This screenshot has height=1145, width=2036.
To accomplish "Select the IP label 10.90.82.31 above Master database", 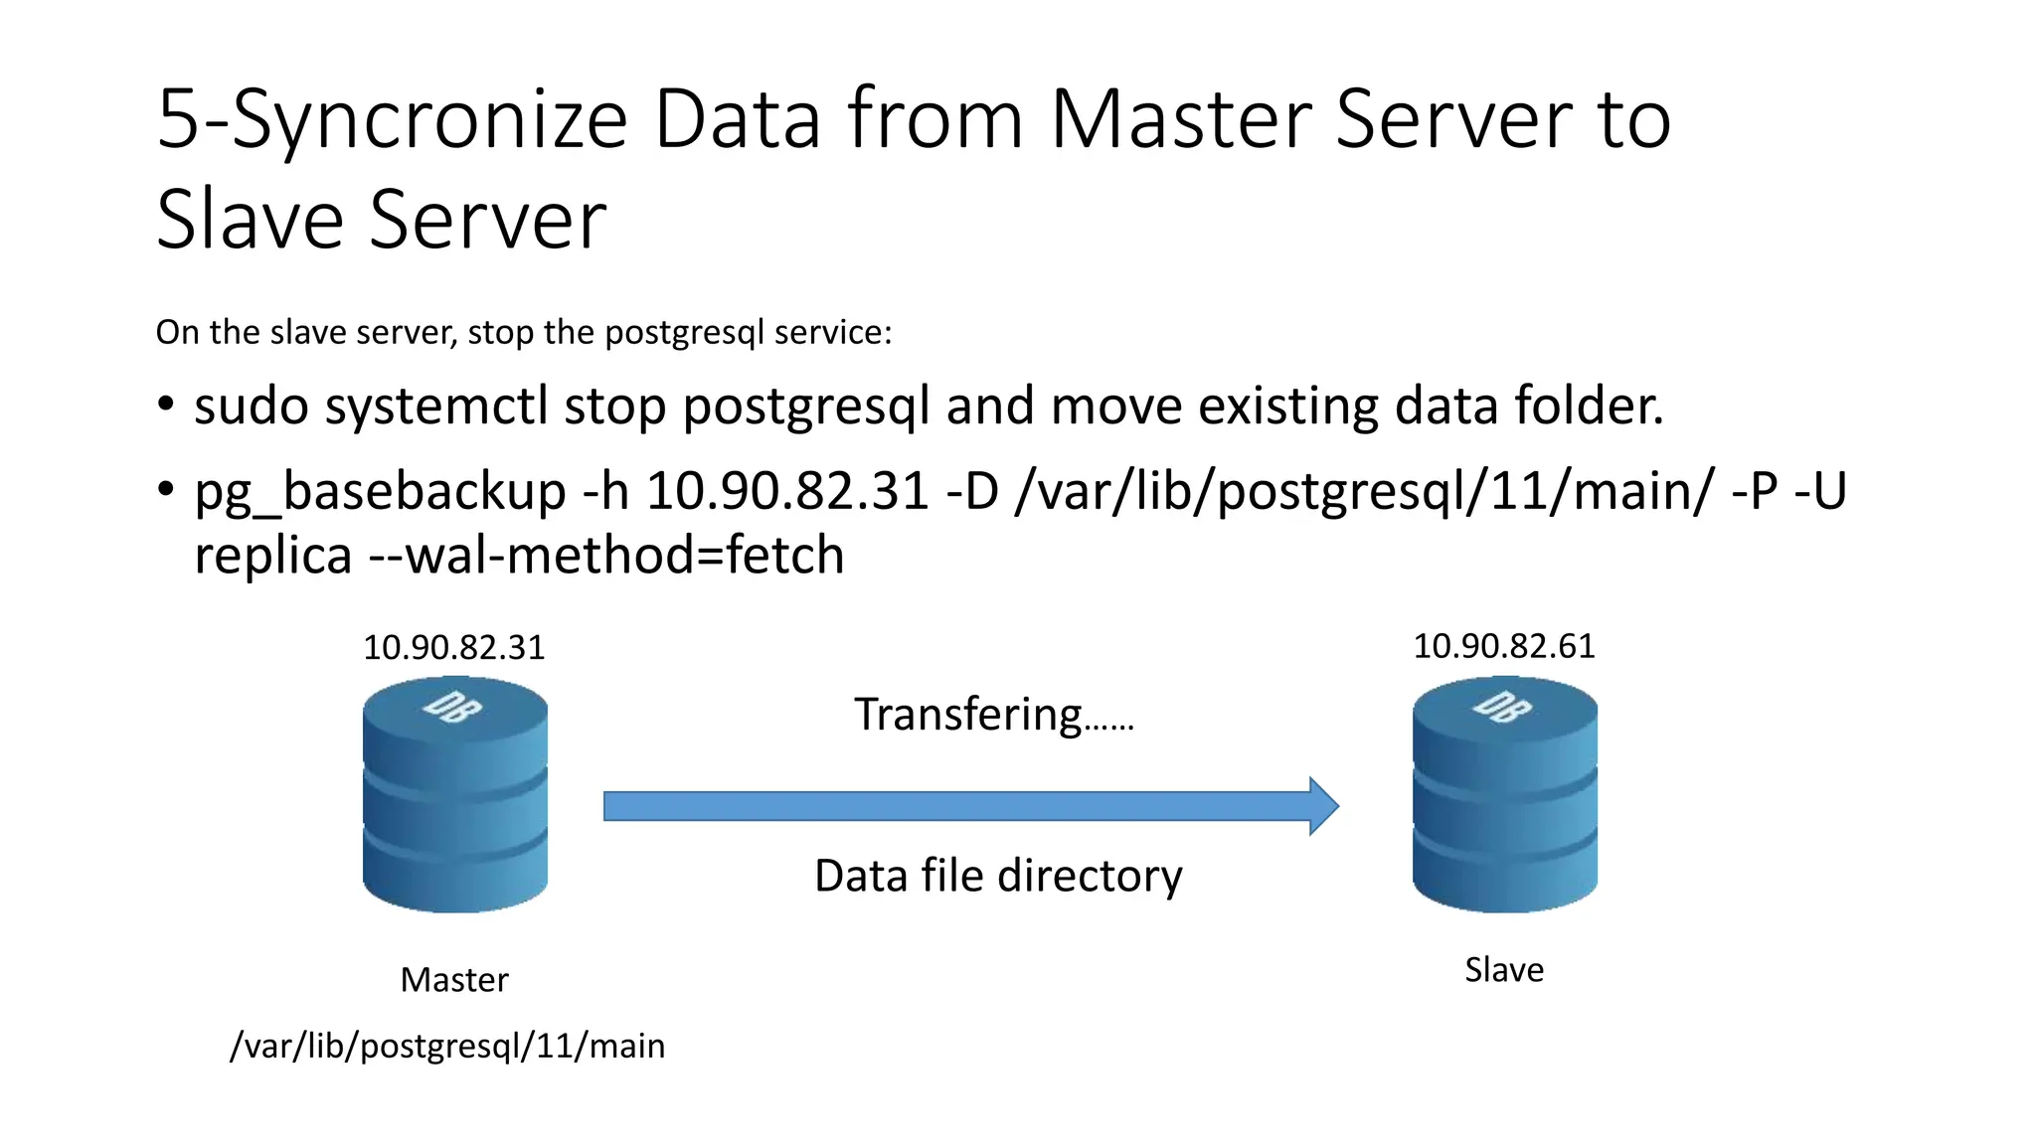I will tap(454, 648).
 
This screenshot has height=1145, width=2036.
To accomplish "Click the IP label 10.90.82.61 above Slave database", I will tap(1503, 647).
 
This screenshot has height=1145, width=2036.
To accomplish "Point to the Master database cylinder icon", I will tap(455, 795).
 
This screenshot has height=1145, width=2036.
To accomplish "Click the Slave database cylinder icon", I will tap(1504, 795).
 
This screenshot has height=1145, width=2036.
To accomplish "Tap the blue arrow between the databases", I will tap(970, 806).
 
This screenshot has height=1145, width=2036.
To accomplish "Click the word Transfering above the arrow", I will tap(967, 715).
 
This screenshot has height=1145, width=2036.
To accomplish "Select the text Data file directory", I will tap(998, 877).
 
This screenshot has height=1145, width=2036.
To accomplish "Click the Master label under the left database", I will tap(454, 980).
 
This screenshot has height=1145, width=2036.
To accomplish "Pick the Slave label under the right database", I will tap(1504, 970).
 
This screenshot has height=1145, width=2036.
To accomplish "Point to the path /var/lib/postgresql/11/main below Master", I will tap(447, 1046).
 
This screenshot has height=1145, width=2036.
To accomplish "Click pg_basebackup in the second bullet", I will tap(380, 492).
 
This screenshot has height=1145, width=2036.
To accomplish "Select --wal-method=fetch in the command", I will tap(606, 556).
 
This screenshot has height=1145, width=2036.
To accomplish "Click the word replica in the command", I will tap(273, 556).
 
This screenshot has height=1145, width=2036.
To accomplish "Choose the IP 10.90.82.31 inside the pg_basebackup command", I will tap(787, 492).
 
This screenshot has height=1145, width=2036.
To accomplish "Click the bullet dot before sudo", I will tap(166, 406).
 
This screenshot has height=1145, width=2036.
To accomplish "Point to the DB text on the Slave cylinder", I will tap(1502, 707).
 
